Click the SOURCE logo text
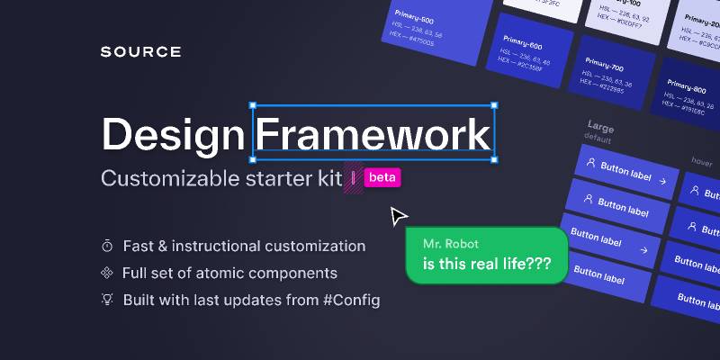[140, 52]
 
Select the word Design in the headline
[172, 135]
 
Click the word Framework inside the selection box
[373, 135]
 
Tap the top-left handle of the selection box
[253, 105]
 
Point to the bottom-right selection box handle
[493, 159]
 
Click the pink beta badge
[382, 177]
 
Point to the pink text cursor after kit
[354, 177]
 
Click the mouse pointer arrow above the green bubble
[398, 217]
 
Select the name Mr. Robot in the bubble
[452, 244]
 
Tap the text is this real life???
[487, 265]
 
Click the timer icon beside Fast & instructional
[107, 246]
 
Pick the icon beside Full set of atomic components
[107, 273]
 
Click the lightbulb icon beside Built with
[107, 300]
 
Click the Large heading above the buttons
[600, 127]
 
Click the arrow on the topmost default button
[661, 181]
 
